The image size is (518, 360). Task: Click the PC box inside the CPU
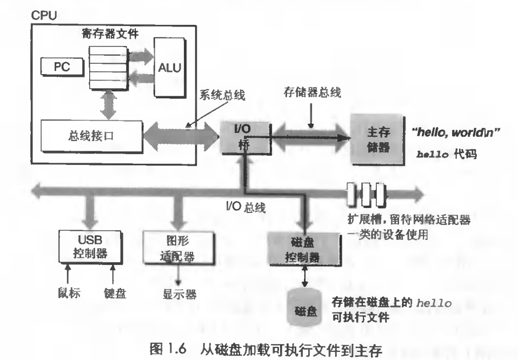[x=62, y=66]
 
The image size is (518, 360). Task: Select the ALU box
[x=170, y=68]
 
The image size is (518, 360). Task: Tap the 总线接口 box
[x=91, y=136]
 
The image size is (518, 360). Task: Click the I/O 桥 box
[x=246, y=138]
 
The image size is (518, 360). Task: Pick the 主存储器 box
[x=377, y=139]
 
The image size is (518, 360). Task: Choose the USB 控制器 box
[x=90, y=246]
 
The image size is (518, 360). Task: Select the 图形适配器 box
[x=178, y=248]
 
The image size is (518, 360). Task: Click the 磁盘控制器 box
[x=304, y=249]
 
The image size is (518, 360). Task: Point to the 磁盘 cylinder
[x=304, y=308]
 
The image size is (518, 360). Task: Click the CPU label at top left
[x=44, y=15]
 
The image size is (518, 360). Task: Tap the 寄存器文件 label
[x=110, y=34]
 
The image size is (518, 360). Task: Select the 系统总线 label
[x=222, y=95]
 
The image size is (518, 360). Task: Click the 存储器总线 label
[x=312, y=92]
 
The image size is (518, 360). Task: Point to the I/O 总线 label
[x=246, y=207]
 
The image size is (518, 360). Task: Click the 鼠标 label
[x=69, y=292]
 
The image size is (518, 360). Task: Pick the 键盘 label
[x=115, y=293]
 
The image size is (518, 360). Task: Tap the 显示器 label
[x=180, y=294]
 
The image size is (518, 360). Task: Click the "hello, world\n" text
[x=456, y=132]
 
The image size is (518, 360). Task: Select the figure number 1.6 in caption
[x=177, y=349]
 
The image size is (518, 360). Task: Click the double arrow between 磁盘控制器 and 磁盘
[x=304, y=276]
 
